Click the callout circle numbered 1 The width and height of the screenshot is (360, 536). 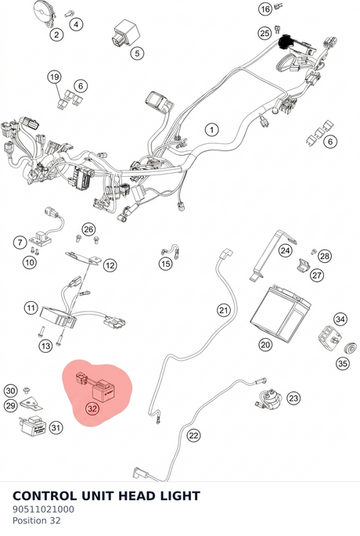[212, 130]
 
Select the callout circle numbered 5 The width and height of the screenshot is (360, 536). [137, 53]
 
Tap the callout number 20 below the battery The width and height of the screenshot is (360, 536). [265, 344]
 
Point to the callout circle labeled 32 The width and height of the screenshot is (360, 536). [92, 408]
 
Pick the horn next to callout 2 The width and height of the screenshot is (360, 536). [45, 13]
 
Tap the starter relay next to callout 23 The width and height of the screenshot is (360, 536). [271, 398]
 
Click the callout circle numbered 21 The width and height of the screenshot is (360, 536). [224, 311]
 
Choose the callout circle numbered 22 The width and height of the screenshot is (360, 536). [193, 436]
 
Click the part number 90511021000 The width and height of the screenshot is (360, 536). [43, 509]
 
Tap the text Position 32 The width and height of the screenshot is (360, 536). [37, 520]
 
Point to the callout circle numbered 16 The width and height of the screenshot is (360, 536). [265, 9]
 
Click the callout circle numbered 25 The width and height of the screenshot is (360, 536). [265, 33]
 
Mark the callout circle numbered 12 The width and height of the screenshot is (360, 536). [110, 265]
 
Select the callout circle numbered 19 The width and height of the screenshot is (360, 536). [54, 77]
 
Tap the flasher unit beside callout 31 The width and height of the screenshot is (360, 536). [33, 426]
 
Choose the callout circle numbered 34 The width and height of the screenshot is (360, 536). [340, 319]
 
